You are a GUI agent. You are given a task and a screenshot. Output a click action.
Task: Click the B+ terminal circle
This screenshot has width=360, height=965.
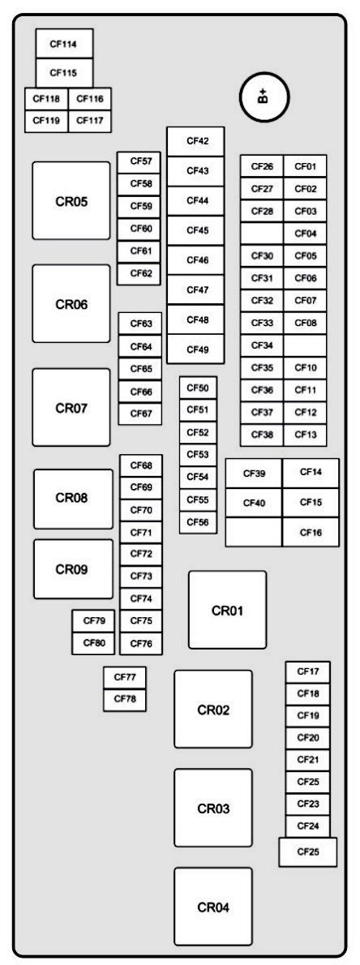point(264,96)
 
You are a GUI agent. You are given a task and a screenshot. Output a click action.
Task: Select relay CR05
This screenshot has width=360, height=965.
point(71,200)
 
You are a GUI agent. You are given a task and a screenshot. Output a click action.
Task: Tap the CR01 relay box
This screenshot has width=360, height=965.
point(228,610)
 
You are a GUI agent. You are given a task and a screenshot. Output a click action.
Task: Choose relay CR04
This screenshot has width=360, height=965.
point(213,907)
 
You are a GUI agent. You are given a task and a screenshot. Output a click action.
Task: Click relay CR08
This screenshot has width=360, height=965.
point(73,499)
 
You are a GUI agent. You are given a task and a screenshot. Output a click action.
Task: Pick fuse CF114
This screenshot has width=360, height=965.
point(64,44)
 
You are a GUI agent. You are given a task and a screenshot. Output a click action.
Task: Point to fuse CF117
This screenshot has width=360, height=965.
point(90,121)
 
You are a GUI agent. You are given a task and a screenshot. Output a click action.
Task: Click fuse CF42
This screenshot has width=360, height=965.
point(195,141)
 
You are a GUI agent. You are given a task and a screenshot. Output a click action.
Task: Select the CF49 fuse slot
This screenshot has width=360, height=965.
point(195,350)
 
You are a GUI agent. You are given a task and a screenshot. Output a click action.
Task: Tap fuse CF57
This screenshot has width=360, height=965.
point(139,162)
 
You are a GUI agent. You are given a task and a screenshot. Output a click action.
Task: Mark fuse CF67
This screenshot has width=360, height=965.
point(140,414)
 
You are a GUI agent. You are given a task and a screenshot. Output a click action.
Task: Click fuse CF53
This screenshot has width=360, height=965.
point(198,454)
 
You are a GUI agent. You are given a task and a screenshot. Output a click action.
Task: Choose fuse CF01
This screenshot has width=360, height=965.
point(305,166)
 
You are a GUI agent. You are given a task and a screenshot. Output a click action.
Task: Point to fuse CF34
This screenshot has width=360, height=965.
point(262,345)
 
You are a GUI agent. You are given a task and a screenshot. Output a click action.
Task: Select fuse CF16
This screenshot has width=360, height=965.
point(311,532)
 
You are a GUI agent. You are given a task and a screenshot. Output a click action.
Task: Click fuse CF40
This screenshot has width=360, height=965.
point(254,503)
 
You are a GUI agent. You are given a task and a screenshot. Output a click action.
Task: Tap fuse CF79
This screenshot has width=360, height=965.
point(94,620)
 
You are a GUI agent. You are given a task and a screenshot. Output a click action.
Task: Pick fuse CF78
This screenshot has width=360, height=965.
point(125,700)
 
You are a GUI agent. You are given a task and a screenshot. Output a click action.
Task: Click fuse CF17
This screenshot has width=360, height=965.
point(307,671)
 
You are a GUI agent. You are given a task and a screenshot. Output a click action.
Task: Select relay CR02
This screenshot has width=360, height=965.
point(213,709)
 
